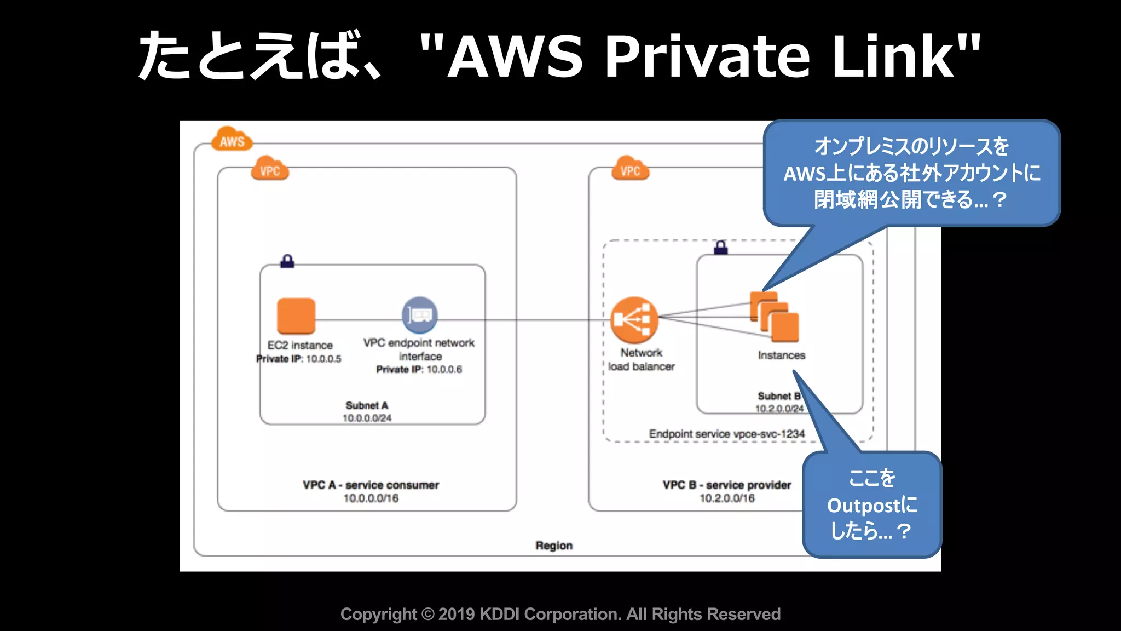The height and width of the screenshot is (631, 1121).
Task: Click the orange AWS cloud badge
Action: pyautogui.click(x=232, y=140)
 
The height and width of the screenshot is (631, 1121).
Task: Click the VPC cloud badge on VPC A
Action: pyautogui.click(x=270, y=170)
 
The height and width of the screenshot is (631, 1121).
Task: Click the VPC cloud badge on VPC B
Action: pyautogui.click(x=630, y=170)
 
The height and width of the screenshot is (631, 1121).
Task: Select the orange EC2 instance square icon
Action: pyautogui.click(x=296, y=316)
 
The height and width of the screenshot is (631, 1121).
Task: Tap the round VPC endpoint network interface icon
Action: pyautogui.click(x=420, y=315)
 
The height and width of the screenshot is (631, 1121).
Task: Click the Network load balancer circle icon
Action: pyautogui.click(x=634, y=320)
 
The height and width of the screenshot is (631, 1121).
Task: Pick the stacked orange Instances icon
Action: pyautogui.click(x=775, y=317)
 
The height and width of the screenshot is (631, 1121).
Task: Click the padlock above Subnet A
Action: pyautogui.click(x=287, y=261)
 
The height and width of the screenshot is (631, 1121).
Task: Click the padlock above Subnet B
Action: pyautogui.click(x=721, y=247)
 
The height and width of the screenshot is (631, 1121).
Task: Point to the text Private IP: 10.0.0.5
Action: pyautogui.click(x=299, y=359)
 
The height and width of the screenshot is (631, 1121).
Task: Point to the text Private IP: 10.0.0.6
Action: pyautogui.click(x=419, y=370)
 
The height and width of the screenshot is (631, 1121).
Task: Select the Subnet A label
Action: pyautogui.click(x=367, y=405)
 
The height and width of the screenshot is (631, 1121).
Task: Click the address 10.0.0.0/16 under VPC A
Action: pyautogui.click(x=371, y=498)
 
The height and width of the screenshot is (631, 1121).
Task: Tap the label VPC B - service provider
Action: pyautogui.click(x=727, y=485)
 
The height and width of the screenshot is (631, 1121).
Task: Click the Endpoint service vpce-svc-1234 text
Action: pyautogui.click(x=727, y=434)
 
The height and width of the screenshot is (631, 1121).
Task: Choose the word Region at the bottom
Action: pyautogui.click(x=554, y=546)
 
